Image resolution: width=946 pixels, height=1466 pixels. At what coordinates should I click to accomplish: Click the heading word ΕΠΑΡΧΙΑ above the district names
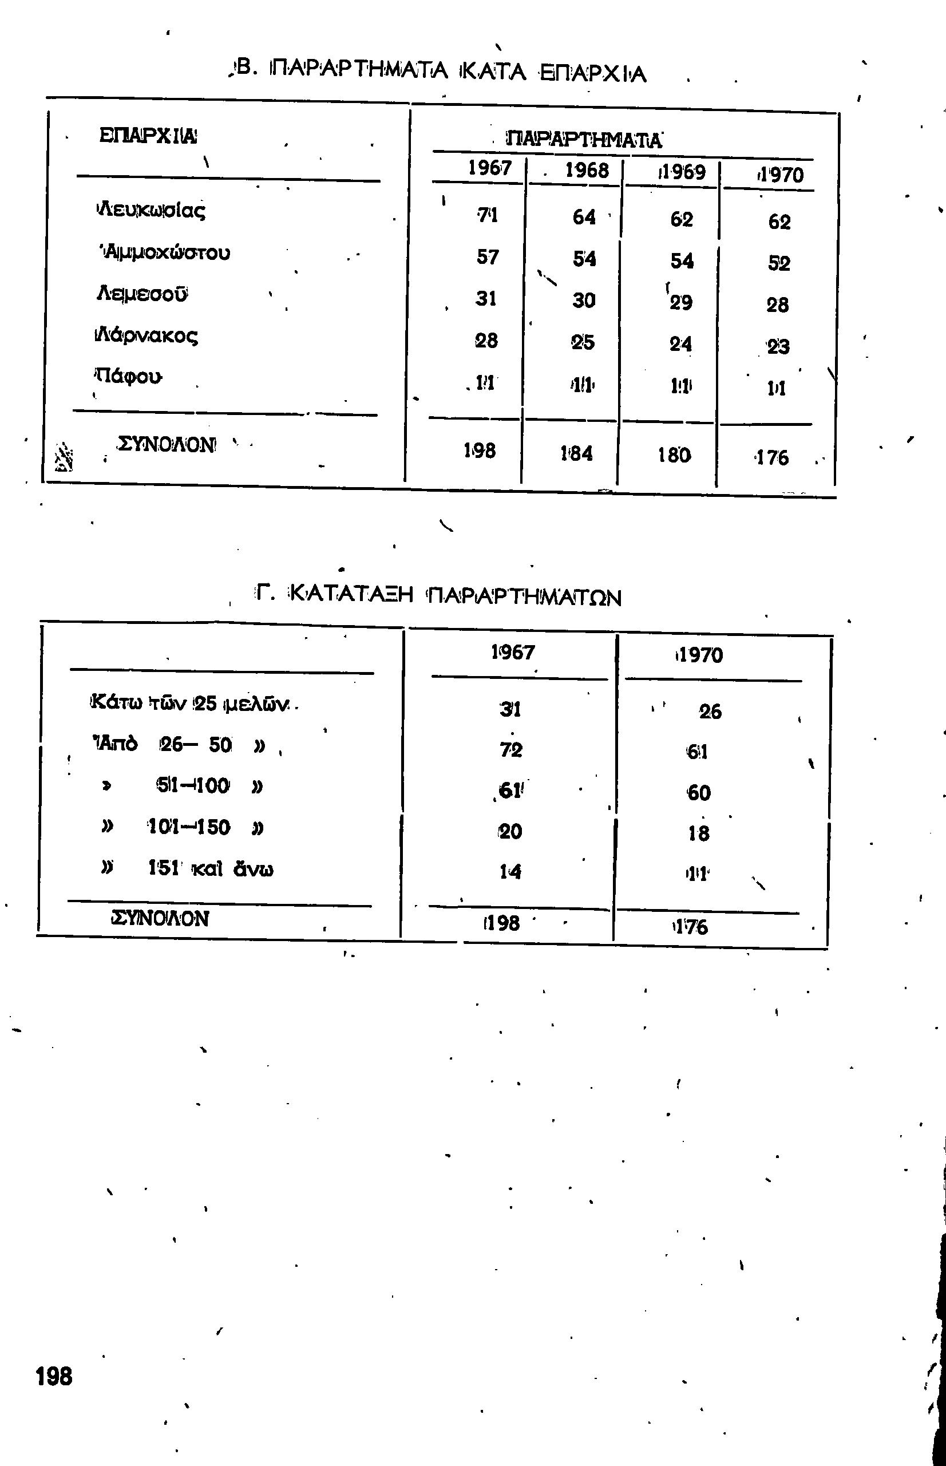(148, 136)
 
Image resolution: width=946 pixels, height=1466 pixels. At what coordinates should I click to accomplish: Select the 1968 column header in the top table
(587, 170)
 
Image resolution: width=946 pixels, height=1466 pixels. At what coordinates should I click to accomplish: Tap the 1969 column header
(682, 172)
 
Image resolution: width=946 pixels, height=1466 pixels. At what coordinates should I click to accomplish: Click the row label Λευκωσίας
(151, 211)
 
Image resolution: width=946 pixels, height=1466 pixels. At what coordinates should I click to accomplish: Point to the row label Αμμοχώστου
(165, 252)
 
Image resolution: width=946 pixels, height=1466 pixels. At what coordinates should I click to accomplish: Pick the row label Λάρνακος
(146, 336)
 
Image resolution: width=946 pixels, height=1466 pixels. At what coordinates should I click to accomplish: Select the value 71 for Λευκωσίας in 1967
(488, 215)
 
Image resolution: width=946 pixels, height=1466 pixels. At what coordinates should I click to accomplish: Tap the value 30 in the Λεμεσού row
(584, 301)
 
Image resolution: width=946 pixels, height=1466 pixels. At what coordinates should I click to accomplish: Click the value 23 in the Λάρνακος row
(778, 347)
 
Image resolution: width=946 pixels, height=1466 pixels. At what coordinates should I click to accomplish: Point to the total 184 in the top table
(577, 453)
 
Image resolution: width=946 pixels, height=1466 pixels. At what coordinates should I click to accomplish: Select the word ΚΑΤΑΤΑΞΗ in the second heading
(351, 594)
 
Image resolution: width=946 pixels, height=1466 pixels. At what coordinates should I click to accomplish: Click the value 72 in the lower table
(510, 749)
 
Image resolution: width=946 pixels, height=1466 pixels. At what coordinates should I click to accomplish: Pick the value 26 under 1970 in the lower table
(710, 712)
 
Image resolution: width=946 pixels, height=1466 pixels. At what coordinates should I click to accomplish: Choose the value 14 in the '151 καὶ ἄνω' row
(510, 871)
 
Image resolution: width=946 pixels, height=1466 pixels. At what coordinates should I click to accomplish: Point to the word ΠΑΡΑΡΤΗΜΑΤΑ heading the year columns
(584, 140)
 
